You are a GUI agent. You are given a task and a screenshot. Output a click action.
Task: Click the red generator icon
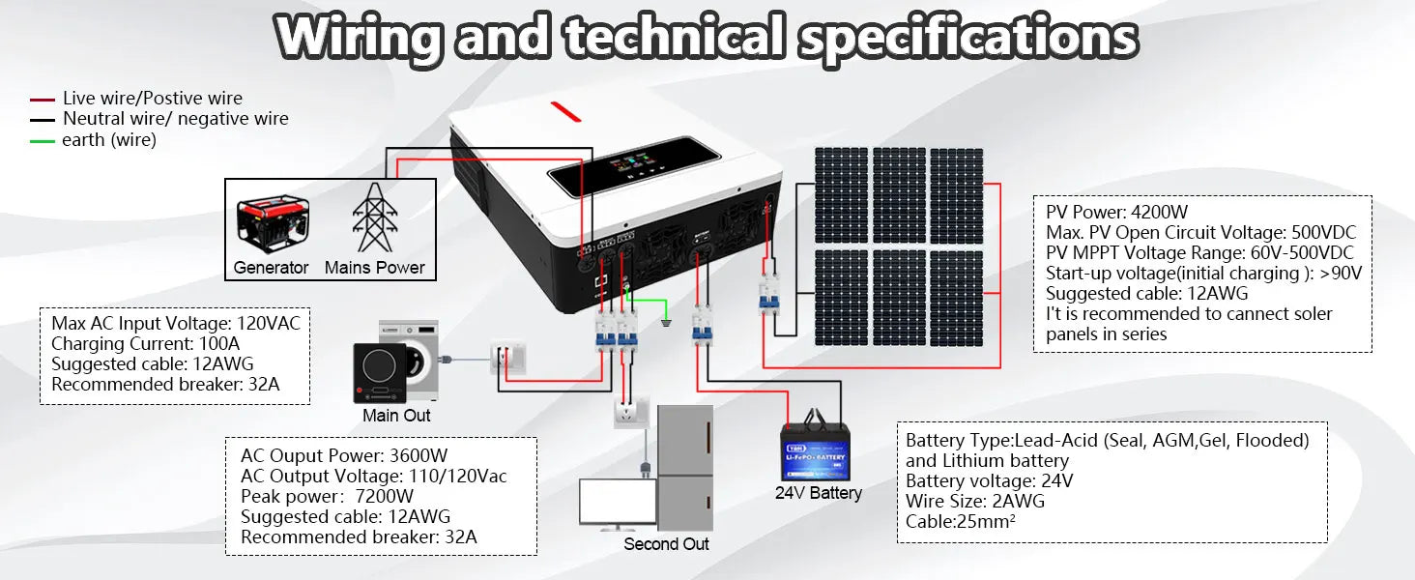click(x=273, y=223)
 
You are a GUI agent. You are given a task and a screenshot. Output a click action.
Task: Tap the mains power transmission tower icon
click(x=374, y=217)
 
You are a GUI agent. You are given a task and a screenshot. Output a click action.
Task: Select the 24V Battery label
click(x=818, y=493)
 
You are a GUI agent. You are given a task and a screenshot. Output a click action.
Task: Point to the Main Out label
click(x=396, y=416)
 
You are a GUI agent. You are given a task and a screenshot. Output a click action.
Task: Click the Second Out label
click(x=666, y=544)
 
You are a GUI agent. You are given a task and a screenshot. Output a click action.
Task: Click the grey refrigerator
click(x=684, y=467)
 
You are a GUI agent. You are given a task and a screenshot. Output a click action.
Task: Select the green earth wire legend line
click(x=43, y=141)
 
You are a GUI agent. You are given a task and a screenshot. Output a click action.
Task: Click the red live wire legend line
click(x=43, y=99)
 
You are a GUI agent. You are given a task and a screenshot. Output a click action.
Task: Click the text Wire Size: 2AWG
click(x=974, y=501)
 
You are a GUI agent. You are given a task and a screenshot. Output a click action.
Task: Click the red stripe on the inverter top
click(x=566, y=111)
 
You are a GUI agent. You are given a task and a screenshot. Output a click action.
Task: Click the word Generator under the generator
click(x=271, y=268)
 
